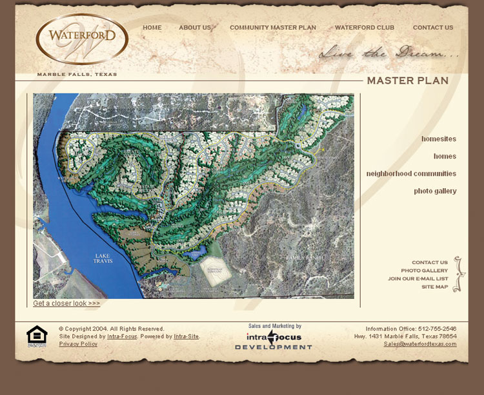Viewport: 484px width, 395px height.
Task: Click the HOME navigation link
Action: coord(152,28)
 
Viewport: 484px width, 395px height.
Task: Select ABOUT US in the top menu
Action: coord(195,28)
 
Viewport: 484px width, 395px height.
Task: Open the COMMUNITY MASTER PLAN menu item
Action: coord(273,28)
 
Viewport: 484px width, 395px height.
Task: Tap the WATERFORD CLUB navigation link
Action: coord(365,28)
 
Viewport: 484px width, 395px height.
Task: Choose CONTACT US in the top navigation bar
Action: coord(433,28)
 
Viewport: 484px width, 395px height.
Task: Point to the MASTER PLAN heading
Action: coord(407,81)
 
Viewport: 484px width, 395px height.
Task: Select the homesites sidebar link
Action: coord(439,139)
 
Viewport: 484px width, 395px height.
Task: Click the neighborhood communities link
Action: coord(411,174)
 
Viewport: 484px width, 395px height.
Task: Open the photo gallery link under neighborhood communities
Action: coord(435,191)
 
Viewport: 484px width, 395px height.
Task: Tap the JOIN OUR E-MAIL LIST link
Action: coord(418,279)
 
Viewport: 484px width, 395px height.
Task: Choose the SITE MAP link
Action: coord(434,287)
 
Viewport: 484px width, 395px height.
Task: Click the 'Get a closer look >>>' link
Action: coord(66,303)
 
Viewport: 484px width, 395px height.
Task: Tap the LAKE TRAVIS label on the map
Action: coord(103,258)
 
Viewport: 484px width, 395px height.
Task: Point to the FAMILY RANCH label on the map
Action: coord(303,258)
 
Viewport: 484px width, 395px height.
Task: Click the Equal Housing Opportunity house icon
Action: coord(37,336)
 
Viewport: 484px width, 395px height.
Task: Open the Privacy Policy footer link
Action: coord(78,344)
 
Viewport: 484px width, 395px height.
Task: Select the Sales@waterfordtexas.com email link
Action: coord(420,344)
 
